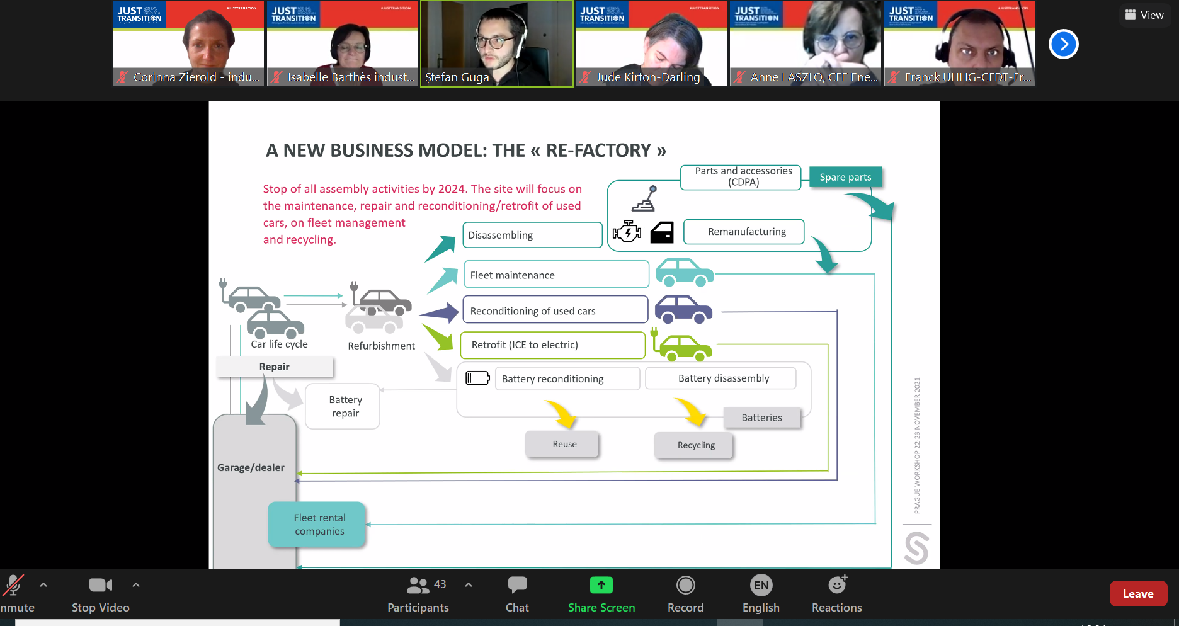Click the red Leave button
pyautogui.click(x=1137, y=593)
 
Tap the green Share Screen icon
pyautogui.click(x=601, y=586)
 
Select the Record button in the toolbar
pyautogui.click(x=685, y=586)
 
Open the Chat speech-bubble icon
pyautogui.click(x=517, y=586)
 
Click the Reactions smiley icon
pyautogui.click(x=837, y=586)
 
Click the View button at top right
pyautogui.click(x=1144, y=15)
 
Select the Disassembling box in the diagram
pyautogui.click(x=532, y=235)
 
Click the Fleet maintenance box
pyautogui.click(x=555, y=275)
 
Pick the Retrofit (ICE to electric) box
pyautogui.click(x=553, y=345)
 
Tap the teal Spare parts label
pyautogui.click(x=845, y=178)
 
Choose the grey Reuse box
pyautogui.click(x=562, y=444)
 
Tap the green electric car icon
pyautogui.click(x=683, y=346)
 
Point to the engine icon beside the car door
pyautogui.click(x=627, y=232)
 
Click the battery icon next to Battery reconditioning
pyautogui.click(x=477, y=378)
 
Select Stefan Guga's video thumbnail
pyautogui.click(x=497, y=43)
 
